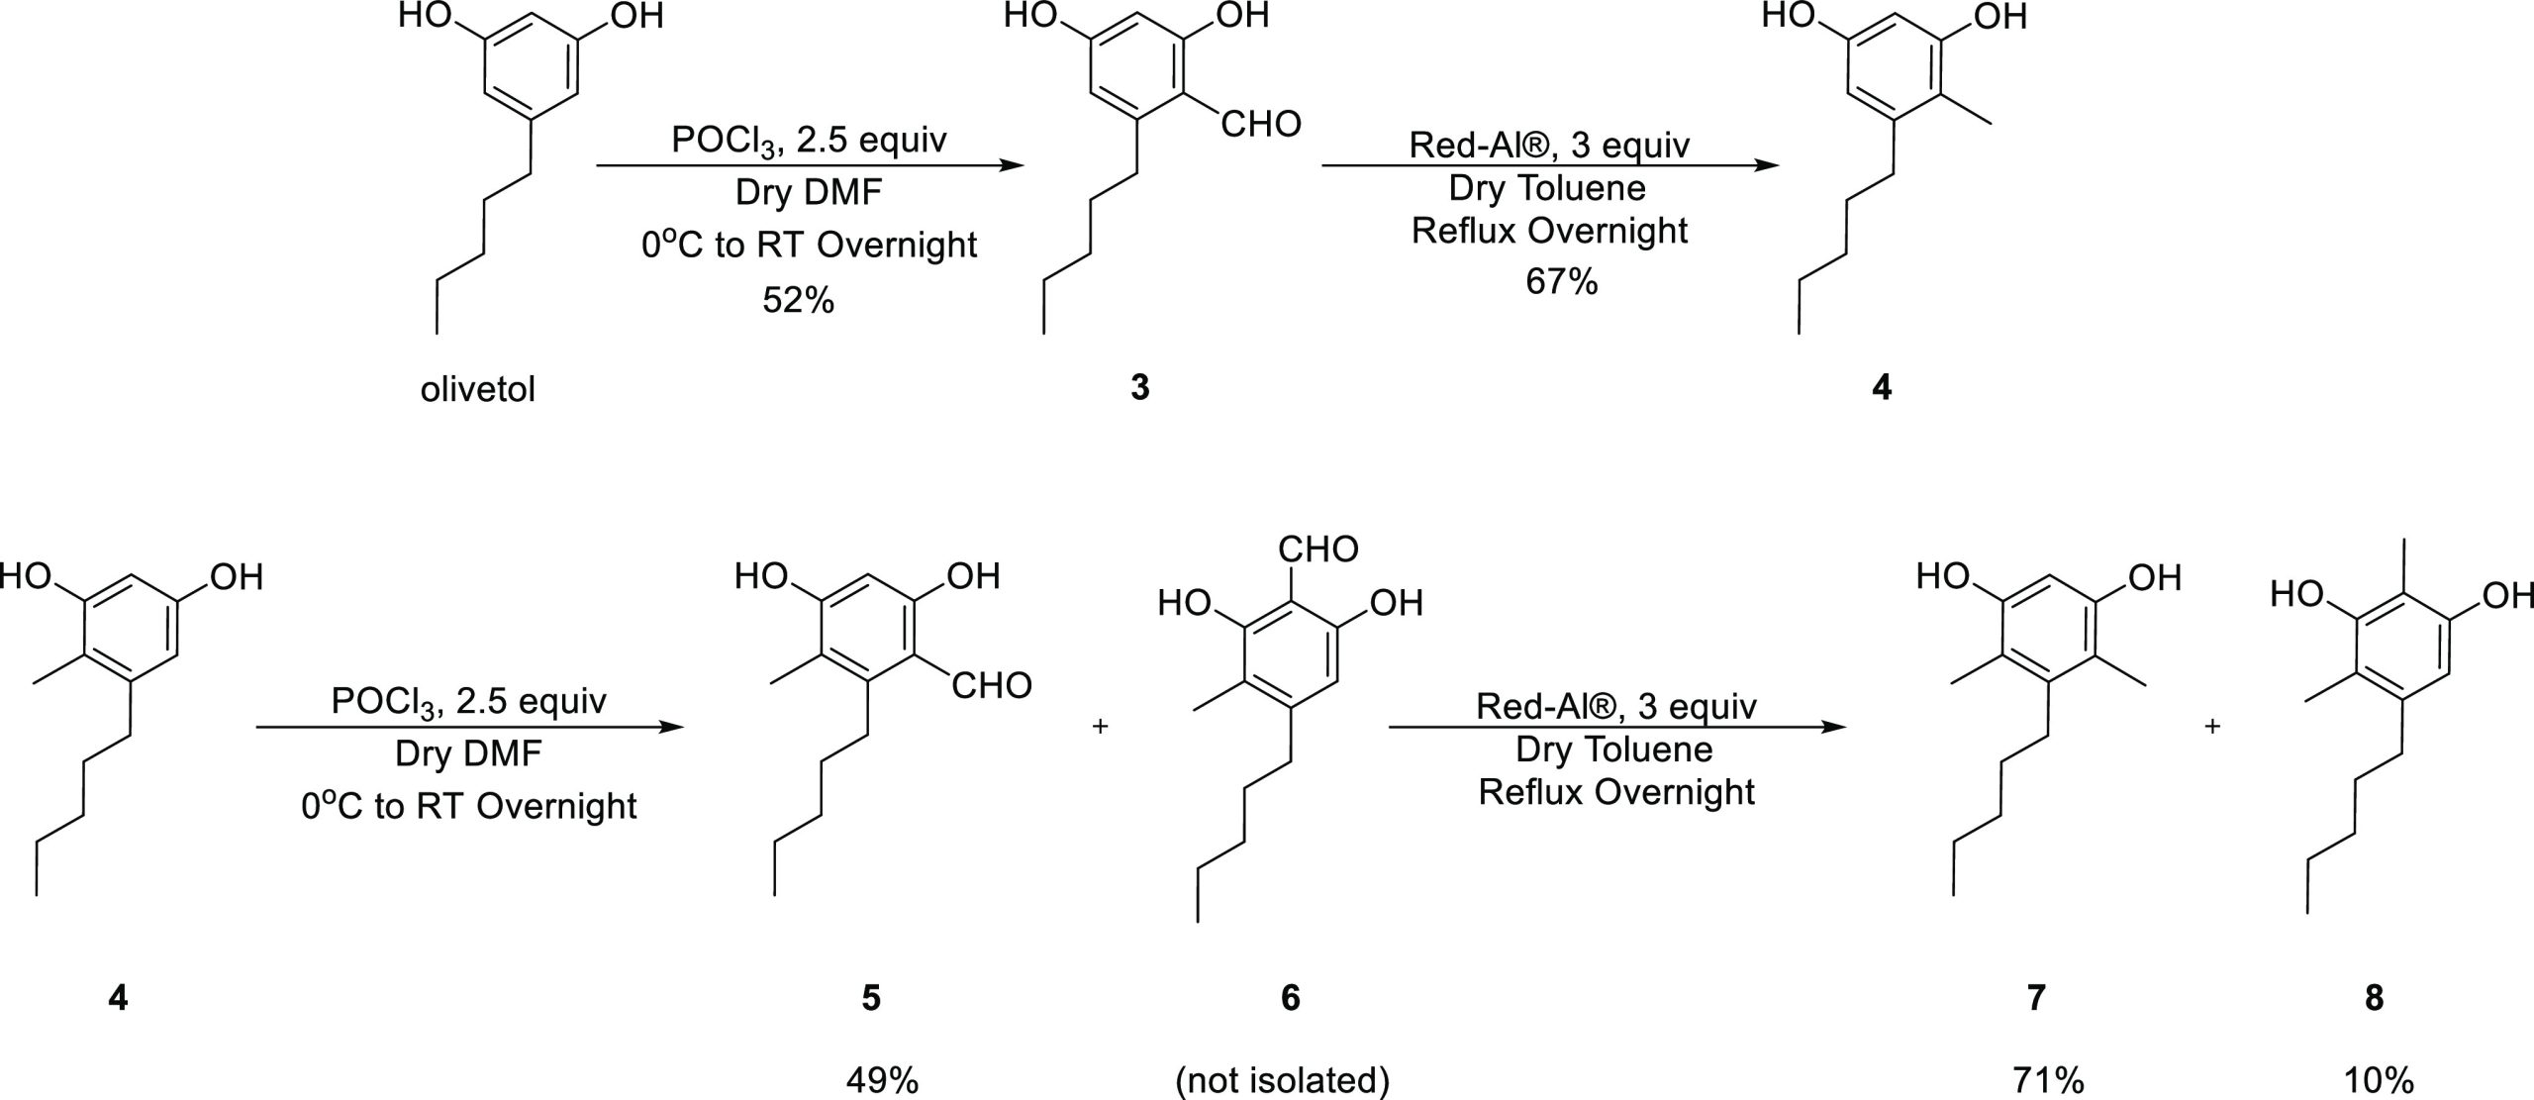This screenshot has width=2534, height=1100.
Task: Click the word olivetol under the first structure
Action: tap(478, 389)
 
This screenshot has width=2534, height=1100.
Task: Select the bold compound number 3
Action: tap(1139, 388)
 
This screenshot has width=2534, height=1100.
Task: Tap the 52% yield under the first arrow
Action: tap(798, 300)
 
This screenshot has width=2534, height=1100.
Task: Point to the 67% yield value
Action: tap(1561, 282)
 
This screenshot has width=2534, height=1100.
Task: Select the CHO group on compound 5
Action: tap(992, 686)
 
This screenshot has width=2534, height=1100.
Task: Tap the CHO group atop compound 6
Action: tap(1318, 549)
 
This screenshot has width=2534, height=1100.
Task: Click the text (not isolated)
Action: tap(1282, 1080)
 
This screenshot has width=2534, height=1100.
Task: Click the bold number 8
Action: tap(2374, 998)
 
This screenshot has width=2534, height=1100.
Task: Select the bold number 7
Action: tap(2036, 998)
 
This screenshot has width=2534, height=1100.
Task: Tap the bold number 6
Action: tap(1290, 998)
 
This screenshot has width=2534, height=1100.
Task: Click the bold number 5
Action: tap(871, 998)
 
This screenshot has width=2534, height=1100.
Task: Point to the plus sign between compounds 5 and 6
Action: tap(1100, 726)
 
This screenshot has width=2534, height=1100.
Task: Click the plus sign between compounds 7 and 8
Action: tap(2212, 726)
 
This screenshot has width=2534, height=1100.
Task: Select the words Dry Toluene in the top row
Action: tap(1547, 187)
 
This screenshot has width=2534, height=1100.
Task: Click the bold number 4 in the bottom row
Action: tap(118, 998)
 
